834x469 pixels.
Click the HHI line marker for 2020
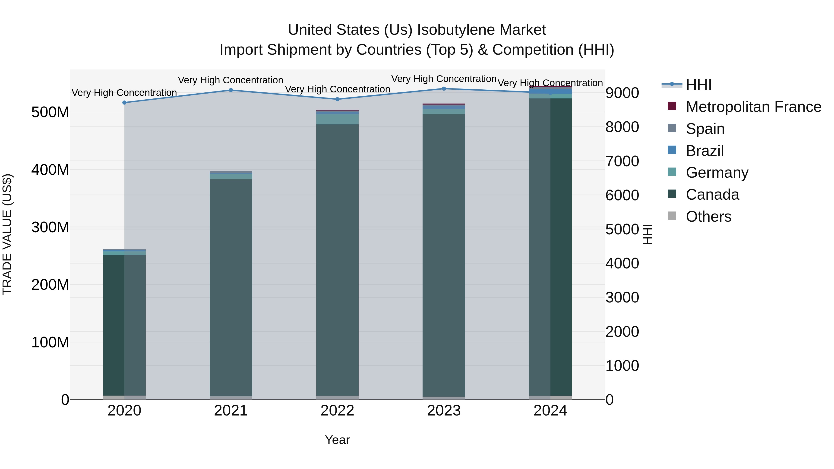(x=124, y=103)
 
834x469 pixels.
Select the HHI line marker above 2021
(x=231, y=90)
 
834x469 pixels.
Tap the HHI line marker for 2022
(x=337, y=99)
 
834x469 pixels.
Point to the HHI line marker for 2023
(x=444, y=89)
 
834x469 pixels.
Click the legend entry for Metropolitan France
(x=753, y=107)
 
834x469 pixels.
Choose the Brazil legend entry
(x=704, y=151)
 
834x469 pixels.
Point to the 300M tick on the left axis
(x=50, y=227)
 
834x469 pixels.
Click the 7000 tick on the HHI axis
(x=622, y=161)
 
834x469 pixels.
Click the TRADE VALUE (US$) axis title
(x=7, y=234)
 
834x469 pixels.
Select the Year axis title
(x=337, y=440)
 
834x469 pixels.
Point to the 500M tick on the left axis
(x=50, y=112)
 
